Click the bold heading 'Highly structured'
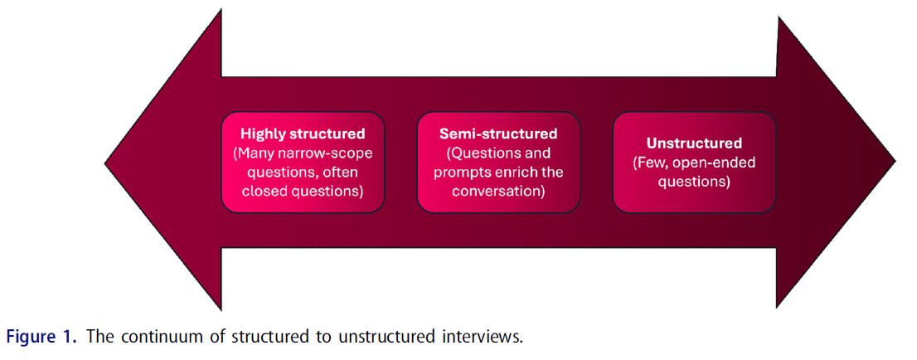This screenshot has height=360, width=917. [x=303, y=133]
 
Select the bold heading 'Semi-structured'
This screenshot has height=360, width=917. [x=498, y=133]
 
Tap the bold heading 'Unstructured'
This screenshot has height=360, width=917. [x=694, y=143]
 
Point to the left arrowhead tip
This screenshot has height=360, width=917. [x=107, y=163]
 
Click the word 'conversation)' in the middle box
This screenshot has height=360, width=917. [x=498, y=192]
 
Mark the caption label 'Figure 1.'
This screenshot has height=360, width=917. [x=42, y=338]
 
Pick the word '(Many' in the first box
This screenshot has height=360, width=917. [x=253, y=153]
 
